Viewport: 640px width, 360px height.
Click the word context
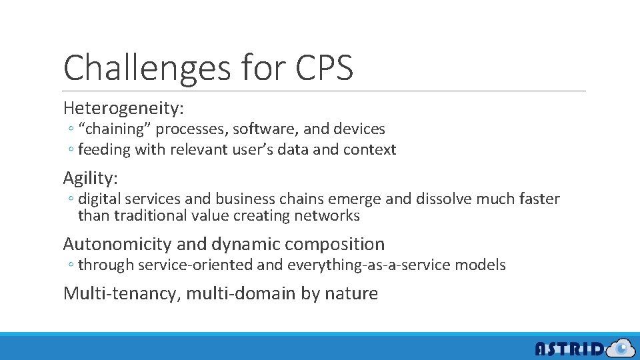pos(369,149)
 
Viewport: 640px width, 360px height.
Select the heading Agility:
pos(90,178)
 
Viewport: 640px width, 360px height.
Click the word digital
pos(99,199)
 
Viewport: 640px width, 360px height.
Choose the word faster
pos(537,199)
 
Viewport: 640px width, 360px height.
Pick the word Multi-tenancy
pos(119,293)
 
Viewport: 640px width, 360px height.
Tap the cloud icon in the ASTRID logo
pos(621,347)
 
